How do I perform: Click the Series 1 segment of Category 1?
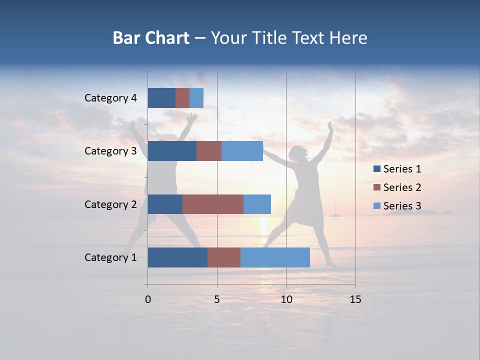tap(177, 257)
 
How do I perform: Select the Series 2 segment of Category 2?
tap(213, 204)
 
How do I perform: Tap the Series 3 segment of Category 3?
tap(242, 151)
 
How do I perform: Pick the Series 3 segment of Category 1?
tap(275, 257)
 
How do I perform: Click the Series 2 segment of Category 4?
tap(182, 98)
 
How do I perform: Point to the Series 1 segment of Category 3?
tap(172, 151)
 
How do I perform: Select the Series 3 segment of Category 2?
tap(257, 204)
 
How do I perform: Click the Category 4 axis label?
tap(110, 98)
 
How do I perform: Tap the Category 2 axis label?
tap(110, 204)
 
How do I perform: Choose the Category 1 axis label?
tap(110, 257)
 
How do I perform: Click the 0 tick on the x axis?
tap(148, 299)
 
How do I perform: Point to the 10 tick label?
tap(286, 299)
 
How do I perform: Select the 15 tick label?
tap(355, 299)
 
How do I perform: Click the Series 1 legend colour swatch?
tap(376, 169)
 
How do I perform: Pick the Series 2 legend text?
tap(402, 187)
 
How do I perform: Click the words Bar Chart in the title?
tap(151, 38)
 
